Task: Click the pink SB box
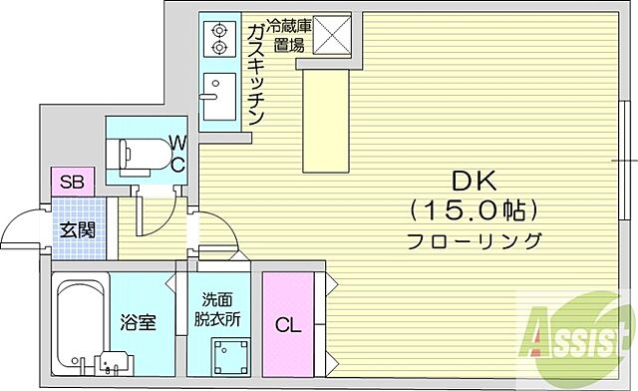coord(71,182)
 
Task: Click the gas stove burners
coord(216,39)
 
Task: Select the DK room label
coord(472,182)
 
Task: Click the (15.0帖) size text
coord(472,209)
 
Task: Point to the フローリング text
coord(474,240)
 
